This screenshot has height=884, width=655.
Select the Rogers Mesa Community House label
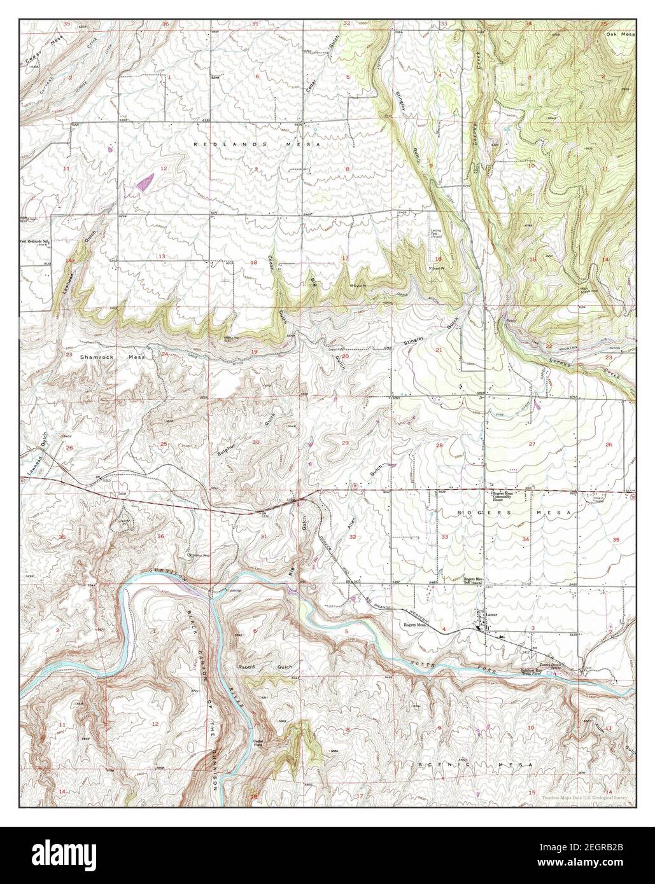point(505,496)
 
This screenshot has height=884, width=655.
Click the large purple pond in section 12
point(145,183)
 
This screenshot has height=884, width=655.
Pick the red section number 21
point(438,350)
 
